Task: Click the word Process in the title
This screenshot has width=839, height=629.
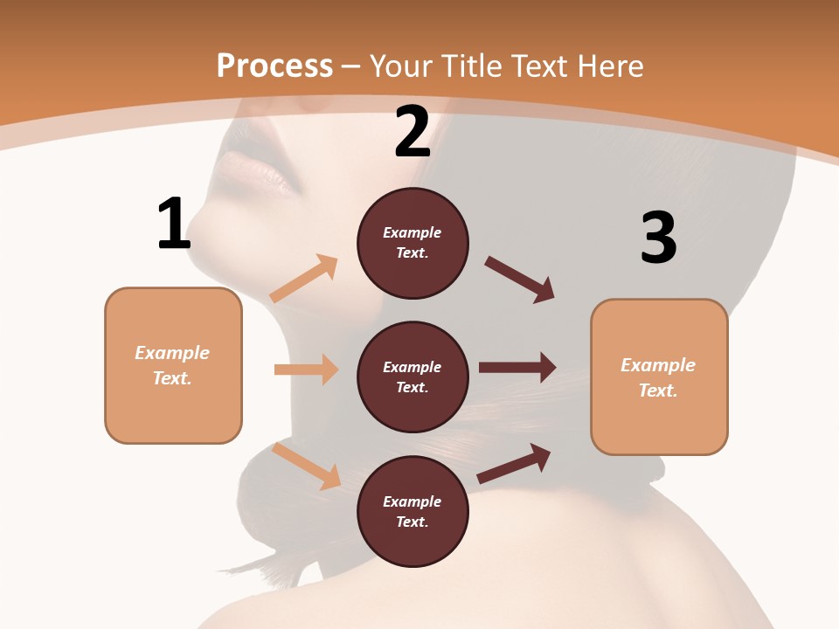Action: click(274, 66)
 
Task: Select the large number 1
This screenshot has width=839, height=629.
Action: click(174, 224)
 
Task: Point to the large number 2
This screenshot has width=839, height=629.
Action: click(413, 132)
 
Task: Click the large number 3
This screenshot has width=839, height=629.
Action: click(659, 238)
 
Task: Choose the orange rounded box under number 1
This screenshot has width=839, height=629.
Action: click(173, 365)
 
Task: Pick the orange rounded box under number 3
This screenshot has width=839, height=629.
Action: click(659, 377)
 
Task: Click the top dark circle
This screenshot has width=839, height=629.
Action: click(413, 243)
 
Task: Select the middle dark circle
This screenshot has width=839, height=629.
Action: click(413, 377)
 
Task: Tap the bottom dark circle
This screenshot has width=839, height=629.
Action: click(413, 511)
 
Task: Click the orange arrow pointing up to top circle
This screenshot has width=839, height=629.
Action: click(304, 279)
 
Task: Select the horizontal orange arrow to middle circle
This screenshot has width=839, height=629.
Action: click(306, 370)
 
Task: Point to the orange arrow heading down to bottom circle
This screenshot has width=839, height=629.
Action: click(307, 466)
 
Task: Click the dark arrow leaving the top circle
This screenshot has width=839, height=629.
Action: click(520, 280)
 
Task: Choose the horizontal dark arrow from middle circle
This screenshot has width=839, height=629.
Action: click(517, 367)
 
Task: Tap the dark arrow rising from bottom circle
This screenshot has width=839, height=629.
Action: click(515, 463)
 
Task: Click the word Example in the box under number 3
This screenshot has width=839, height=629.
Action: click(658, 365)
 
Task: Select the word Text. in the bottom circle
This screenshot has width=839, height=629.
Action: click(413, 522)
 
